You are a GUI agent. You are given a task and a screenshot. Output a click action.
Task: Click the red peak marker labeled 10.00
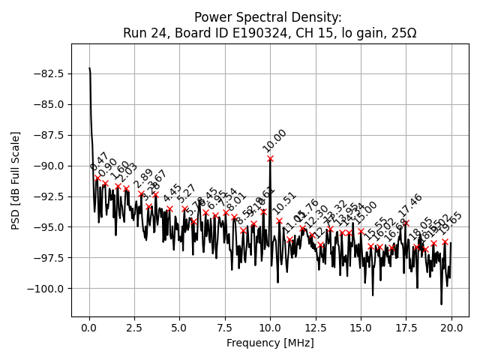(270, 158)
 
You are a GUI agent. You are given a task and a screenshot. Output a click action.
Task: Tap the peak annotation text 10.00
(274, 141)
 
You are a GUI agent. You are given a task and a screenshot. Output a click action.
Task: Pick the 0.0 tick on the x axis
(89, 328)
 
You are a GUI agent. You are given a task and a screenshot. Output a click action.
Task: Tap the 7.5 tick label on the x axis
(225, 328)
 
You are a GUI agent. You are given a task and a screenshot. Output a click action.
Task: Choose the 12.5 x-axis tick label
(316, 328)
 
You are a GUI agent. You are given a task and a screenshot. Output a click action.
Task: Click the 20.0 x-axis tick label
(451, 328)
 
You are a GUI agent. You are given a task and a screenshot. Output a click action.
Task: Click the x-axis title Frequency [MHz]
(270, 343)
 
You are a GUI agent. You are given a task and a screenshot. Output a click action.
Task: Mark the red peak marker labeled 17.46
(406, 223)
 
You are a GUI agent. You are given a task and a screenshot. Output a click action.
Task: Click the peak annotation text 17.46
(410, 207)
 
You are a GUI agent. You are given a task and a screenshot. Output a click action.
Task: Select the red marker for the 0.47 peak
(97, 178)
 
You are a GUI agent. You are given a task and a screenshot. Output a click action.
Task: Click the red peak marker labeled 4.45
(169, 208)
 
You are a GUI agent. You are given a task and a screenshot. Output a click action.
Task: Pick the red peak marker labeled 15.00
(361, 231)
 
